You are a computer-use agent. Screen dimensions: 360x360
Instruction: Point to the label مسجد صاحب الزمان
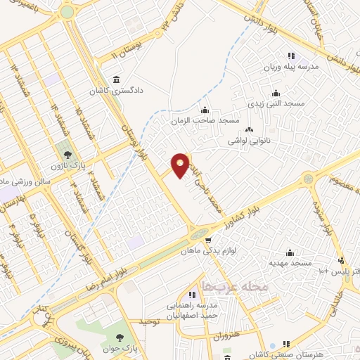[x=205, y=121]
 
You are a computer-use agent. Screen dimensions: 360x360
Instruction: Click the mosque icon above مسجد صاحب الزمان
[x=205, y=110]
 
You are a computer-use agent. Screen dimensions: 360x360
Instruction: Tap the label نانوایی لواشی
[x=248, y=141]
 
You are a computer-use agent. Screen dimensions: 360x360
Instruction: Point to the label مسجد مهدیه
[x=289, y=263]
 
